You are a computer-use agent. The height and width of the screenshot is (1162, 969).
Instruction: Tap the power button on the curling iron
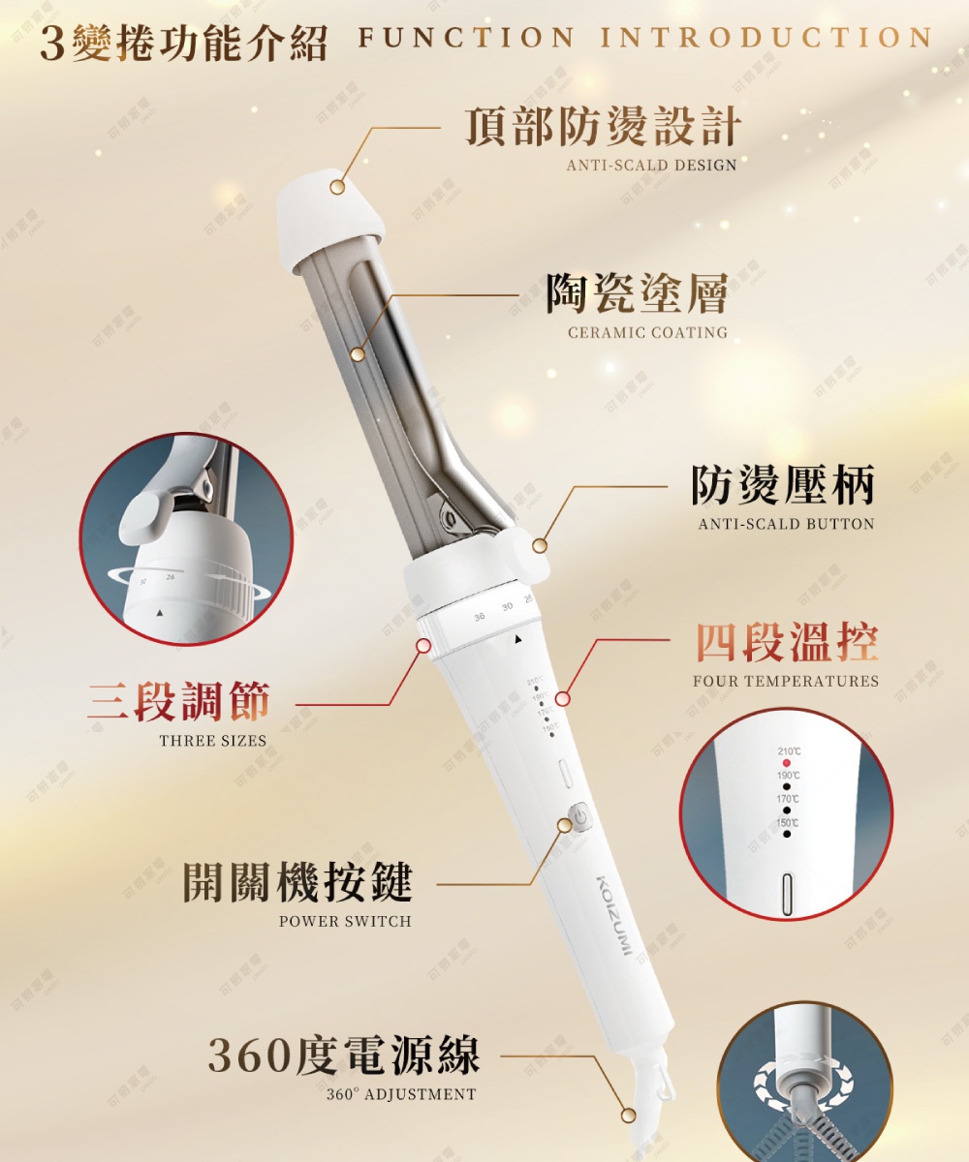[x=578, y=816]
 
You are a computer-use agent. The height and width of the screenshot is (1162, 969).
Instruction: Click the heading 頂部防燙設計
[x=603, y=127]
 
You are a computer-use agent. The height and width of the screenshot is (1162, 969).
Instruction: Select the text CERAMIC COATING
[x=647, y=332]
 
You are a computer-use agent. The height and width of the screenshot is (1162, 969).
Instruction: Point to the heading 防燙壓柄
[x=783, y=484]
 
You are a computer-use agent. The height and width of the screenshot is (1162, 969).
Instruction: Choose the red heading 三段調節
[x=179, y=702]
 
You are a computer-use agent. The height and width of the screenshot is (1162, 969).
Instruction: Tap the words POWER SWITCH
[x=345, y=921]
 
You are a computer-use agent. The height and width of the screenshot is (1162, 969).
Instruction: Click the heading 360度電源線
[x=344, y=1055]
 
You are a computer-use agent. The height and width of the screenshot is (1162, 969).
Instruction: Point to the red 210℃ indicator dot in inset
[x=787, y=763]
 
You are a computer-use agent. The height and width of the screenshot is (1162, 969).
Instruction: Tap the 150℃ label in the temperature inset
[x=788, y=823]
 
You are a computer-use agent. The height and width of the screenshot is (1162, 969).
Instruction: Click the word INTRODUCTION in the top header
[x=766, y=38]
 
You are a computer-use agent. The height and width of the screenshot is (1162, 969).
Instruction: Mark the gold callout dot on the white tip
[x=337, y=187]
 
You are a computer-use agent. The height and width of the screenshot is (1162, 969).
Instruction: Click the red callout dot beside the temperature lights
[x=563, y=699]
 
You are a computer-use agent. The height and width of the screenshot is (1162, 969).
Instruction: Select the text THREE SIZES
[x=212, y=741]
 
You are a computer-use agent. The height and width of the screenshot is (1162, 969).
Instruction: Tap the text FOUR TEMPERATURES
[x=786, y=681]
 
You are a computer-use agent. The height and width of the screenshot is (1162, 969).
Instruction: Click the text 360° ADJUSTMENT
[x=401, y=1094]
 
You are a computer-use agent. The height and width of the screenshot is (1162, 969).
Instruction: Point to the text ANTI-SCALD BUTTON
[x=786, y=524]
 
